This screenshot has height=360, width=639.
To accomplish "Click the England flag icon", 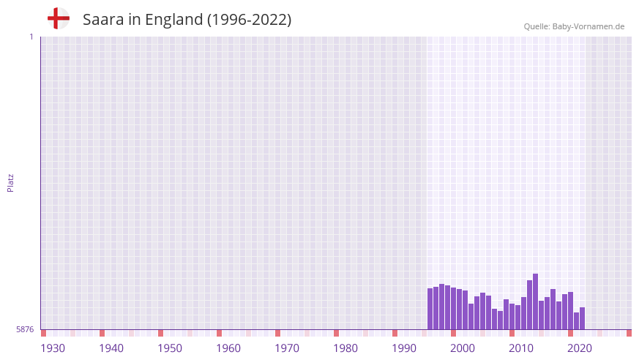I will point(58,18).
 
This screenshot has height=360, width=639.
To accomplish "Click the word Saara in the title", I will point(102,20).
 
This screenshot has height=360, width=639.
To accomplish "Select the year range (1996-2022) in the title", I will point(249,20).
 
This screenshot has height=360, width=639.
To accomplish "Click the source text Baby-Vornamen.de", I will point(588,26).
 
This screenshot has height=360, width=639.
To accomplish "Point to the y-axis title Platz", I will point(10,183).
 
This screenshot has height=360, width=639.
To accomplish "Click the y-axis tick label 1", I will point(31,37).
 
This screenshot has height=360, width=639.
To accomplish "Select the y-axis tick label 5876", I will point(25,330).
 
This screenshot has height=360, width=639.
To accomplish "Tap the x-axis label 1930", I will point(53,348).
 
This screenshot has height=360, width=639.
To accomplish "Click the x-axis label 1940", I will point(111,348).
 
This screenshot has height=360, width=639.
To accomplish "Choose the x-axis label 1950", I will point(170,348).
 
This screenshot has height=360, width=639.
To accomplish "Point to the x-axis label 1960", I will point(228,348).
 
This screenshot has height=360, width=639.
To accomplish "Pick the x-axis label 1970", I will point(287,348).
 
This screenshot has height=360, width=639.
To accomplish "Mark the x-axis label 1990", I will point(404,348).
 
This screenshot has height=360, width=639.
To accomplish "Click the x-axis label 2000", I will point(463,348).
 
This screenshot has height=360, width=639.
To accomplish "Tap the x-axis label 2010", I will point(521,348).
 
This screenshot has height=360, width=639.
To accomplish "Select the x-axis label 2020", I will point(580,348).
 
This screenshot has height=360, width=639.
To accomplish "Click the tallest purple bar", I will point(535,301).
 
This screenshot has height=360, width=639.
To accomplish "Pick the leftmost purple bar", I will point(430,309).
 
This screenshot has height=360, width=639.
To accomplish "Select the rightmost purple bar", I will point(582,318).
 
